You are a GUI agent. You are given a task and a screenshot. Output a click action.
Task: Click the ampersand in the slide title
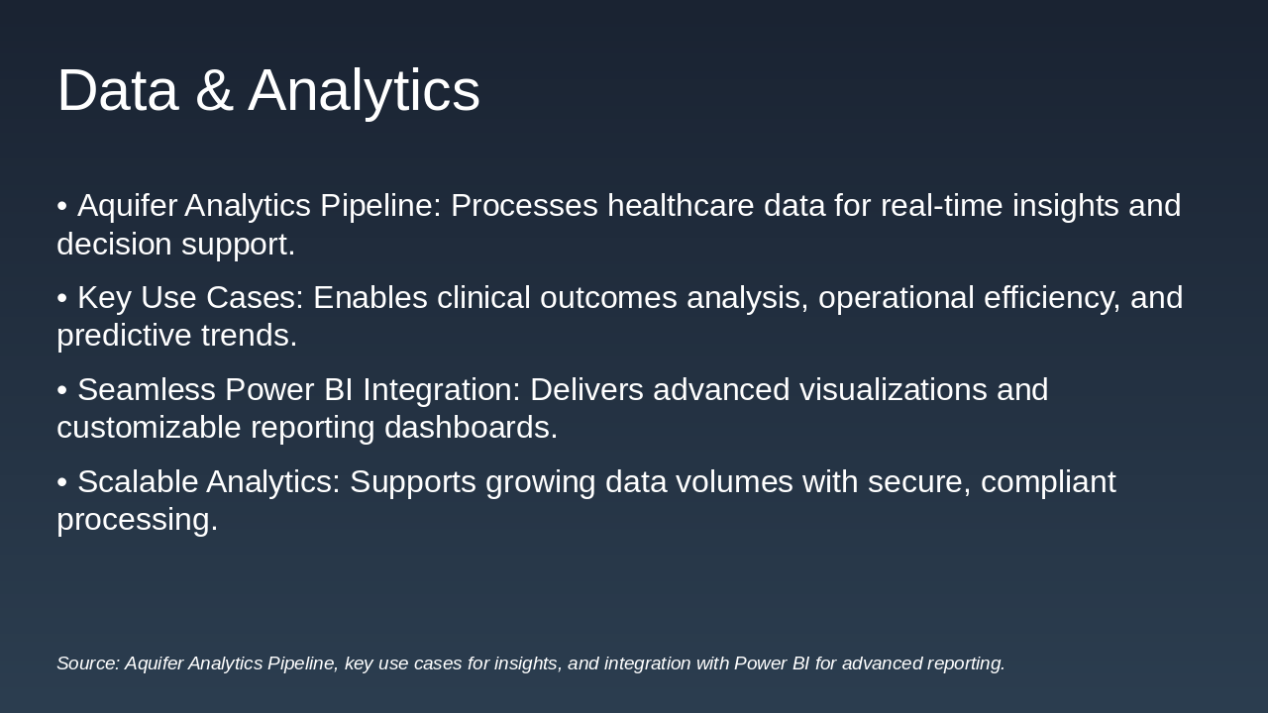click(x=214, y=90)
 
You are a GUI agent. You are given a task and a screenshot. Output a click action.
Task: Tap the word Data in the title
click(x=118, y=90)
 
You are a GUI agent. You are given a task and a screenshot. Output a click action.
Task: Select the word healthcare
click(x=681, y=205)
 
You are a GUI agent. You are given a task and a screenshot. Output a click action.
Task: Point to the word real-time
click(x=942, y=205)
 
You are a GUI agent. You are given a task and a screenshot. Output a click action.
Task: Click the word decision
click(x=114, y=244)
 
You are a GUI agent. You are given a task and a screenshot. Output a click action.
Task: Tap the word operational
click(x=897, y=298)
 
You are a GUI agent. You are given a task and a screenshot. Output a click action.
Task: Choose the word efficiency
click(x=1052, y=298)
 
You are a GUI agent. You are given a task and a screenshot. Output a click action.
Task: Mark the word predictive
click(x=125, y=336)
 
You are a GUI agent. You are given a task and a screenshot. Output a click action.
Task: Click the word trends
click(x=249, y=335)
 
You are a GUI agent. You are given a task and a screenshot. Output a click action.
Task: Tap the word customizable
click(x=149, y=427)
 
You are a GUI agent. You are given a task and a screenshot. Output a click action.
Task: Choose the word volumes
click(x=734, y=481)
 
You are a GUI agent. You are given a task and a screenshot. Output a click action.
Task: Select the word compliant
click(x=1048, y=482)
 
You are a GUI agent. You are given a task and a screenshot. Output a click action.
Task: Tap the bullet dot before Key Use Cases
click(x=62, y=298)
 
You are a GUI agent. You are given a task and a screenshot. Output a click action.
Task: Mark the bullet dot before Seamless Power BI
click(x=62, y=390)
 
